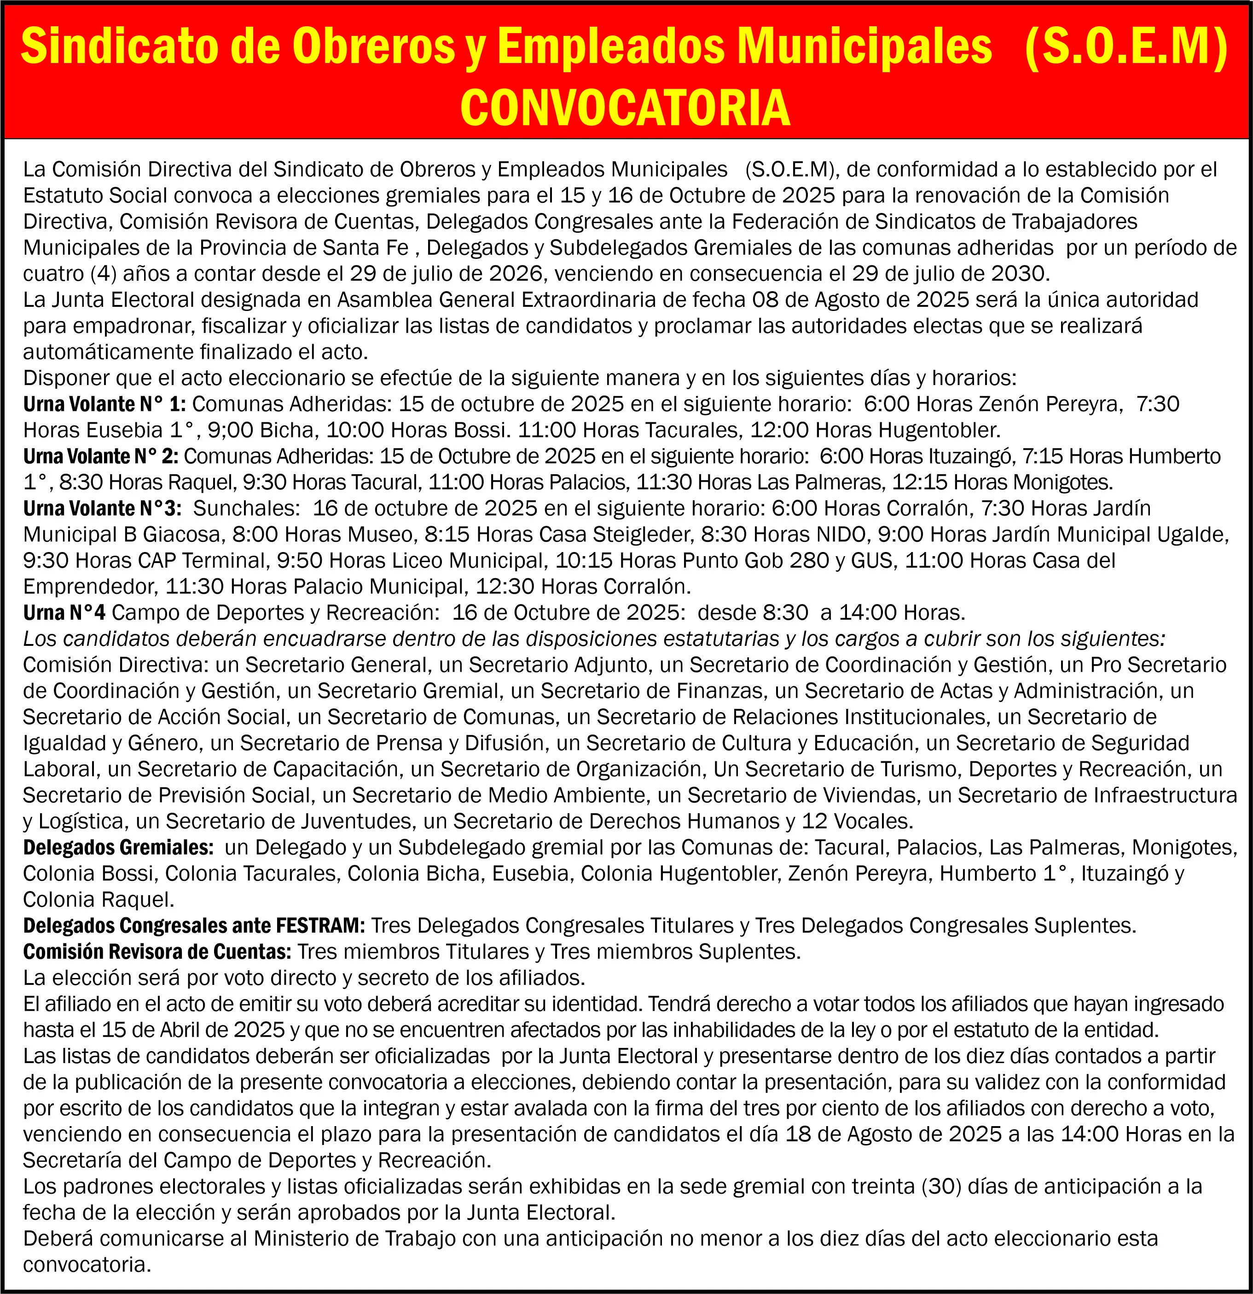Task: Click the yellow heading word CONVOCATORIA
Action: click(625, 108)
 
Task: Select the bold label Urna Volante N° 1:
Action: click(104, 403)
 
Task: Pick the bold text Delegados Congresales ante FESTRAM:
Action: click(193, 925)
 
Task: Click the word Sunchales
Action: click(245, 508)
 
